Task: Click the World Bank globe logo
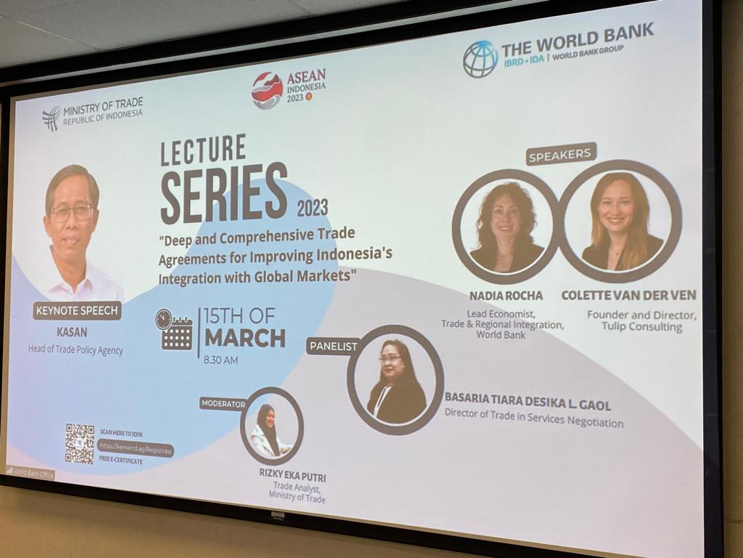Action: click(480, 59)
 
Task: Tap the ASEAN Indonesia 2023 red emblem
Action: click(267, 91)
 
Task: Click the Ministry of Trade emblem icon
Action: click(51, 118)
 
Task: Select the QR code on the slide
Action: click(79, 443)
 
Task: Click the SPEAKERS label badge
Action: click(561, 154)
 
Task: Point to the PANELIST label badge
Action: click(333, 346)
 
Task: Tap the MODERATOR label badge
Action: click(223, 404)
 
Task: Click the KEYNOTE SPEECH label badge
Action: click(77, 311)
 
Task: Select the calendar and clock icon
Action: click(174, 330)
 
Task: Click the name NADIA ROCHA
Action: click(506, 296)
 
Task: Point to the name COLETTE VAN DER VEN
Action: click(628, 295)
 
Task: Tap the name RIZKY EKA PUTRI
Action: click(292, 477)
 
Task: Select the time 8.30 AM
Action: click(221, 360)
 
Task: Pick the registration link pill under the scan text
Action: click(136, 450)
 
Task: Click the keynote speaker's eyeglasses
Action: click(72, 213)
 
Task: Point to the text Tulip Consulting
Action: click(641, 327)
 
